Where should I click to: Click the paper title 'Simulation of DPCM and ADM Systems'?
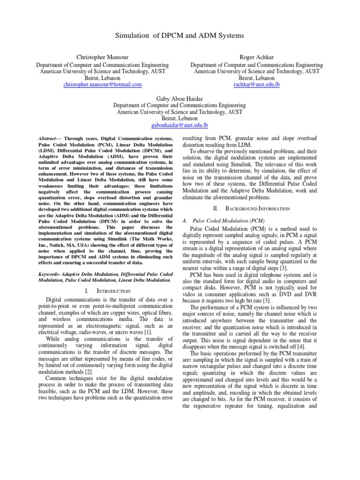[180, 36]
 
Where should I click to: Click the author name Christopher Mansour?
[103, 57]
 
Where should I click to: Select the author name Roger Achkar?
[257, 57]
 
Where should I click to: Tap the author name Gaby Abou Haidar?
[180, 98]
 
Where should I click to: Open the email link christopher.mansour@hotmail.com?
[103, 85]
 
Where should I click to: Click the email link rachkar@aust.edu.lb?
[256, 85]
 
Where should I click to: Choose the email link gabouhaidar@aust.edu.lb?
[180, 126]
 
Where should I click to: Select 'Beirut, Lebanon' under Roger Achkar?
[257, 78]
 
